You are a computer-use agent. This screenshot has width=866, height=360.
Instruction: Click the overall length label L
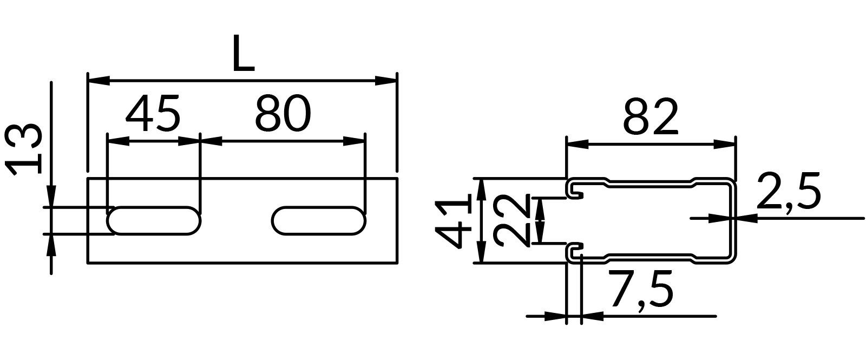click(244, 54)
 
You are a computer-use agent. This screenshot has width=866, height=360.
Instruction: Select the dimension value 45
click(153, 113)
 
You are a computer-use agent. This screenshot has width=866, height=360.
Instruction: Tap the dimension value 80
click(283, 113)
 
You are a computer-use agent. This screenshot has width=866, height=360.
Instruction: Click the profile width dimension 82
click(650, 117)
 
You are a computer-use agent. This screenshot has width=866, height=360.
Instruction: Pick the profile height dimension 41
click(452, 224)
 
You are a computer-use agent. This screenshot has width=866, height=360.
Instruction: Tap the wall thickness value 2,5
click(789, 191)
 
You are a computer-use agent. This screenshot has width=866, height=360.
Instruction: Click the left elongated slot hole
click(154, 221)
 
